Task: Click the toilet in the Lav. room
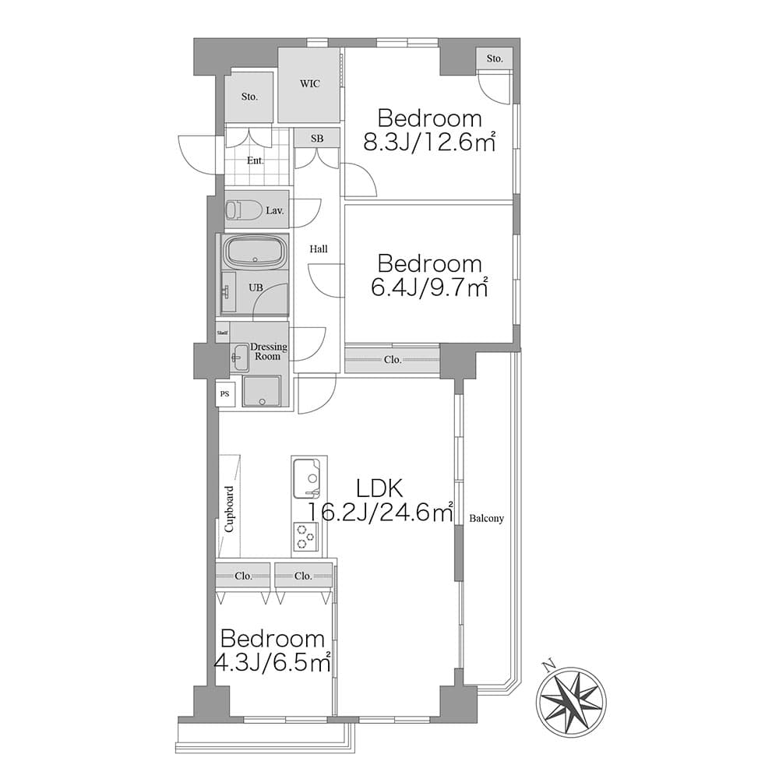[x=243, y=210]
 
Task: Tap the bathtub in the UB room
[x=256, y=252]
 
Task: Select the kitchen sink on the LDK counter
[x=306, y=478]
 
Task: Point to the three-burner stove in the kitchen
[x=305, y=537]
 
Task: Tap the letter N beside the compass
[x=548, y=665]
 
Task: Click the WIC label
[x=309, y=83]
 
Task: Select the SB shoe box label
[x=317, y=139]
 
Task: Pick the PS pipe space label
[x=224, y=394]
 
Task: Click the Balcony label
[x=486, y=518]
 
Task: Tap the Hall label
[x=319, y=249]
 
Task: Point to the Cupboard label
[x=229, y=509]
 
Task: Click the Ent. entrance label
[x=256, y=160]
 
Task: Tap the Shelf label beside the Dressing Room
[x=223, y=333]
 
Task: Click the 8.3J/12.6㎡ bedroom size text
[x=430, y=142]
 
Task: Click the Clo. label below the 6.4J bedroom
[x=393, y=360]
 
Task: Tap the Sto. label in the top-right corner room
[x=495, y=58]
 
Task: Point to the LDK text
[x=379, y=489]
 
